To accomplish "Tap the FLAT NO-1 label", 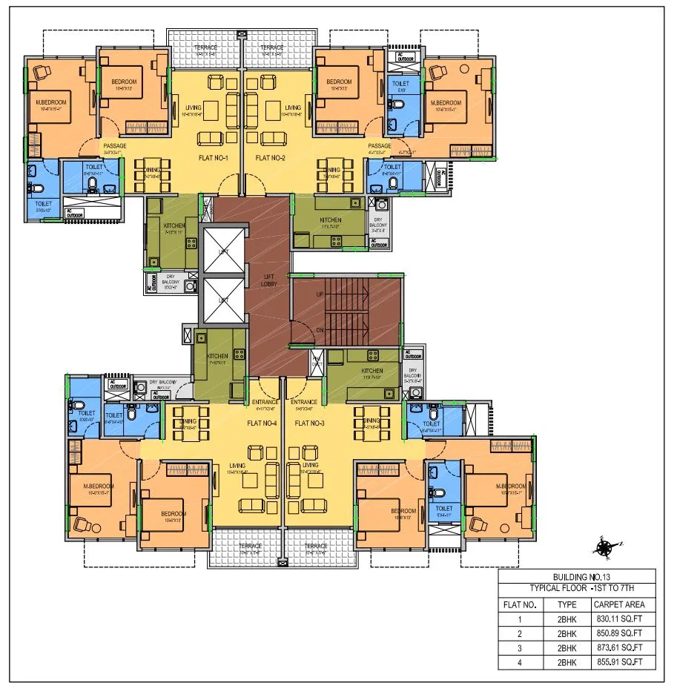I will click(x=219, y=158).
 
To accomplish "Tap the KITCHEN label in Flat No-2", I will click(x=331, y=220).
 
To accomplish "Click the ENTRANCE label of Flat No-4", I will click(x=265, y=403).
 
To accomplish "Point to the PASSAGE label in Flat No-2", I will click(x=380, y=146).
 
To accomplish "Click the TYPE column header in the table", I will click(x=567, y=604).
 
